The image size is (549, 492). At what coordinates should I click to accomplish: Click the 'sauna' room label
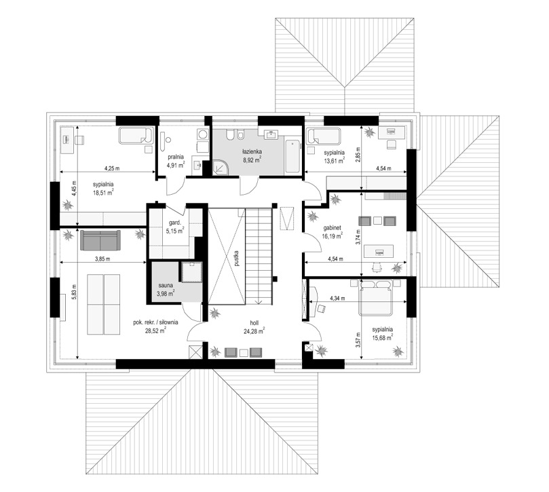click(x=166, y=286)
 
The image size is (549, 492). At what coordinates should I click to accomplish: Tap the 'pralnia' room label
click(x=175, y=157)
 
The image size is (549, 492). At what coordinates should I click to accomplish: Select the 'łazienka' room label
click(x=252, y=151)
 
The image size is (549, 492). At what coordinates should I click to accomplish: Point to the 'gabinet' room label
click(x=332, y=227)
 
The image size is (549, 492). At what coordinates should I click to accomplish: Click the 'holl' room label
click(x=254, y=323)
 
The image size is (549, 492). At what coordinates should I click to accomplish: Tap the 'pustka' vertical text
click(x=237, y=259)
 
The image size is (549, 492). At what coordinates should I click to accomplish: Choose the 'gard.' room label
click(x=174, y=223)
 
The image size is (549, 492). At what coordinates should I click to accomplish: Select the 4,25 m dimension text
click(x=112, y=168)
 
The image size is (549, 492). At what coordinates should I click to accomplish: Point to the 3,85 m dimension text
click(x=102, y=259)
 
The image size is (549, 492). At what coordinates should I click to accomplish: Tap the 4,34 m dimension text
click(x=337, y=299)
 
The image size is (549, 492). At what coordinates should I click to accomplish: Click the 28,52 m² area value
click(x=155, y=330)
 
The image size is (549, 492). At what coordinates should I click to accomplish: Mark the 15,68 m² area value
click(x=382, y=337)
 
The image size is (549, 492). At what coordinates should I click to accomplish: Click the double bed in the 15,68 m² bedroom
click(x=375, y=297)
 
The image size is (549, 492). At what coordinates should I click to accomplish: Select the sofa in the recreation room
click(x=100, y=240)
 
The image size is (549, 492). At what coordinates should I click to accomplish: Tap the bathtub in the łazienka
click(x=292, y=157)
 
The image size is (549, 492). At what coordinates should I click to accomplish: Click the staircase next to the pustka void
click(x=259, y=257)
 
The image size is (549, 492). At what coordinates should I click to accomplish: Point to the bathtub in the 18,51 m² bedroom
click(x=136, y=136)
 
